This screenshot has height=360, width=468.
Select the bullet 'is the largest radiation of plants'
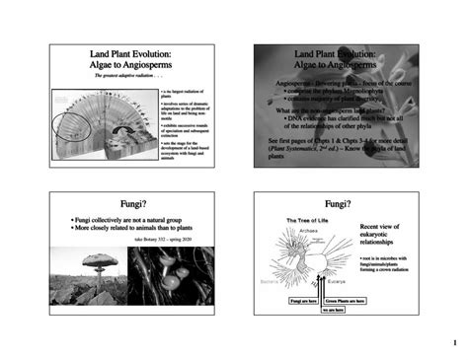click(183, 95)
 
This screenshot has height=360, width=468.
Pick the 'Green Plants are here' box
click(348, 299)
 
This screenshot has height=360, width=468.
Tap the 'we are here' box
click(330, 310)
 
